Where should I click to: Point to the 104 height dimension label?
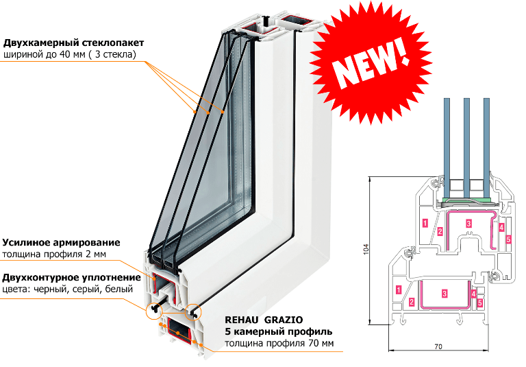366,249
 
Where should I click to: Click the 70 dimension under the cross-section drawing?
438,347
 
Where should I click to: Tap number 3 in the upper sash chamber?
468,223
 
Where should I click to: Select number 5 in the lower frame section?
480,303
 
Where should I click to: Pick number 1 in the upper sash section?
425,223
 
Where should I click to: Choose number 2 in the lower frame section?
412,302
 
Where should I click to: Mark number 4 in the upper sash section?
501,227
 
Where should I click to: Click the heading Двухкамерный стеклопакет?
73,43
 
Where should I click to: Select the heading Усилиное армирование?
61,242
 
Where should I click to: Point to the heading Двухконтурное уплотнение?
71,277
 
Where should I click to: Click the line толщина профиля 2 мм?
54,254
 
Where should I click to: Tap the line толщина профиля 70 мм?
279,343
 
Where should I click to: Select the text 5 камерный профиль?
279,331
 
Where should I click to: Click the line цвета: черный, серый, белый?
67,289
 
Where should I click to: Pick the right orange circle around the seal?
193,311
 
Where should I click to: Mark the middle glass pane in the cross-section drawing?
466,147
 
